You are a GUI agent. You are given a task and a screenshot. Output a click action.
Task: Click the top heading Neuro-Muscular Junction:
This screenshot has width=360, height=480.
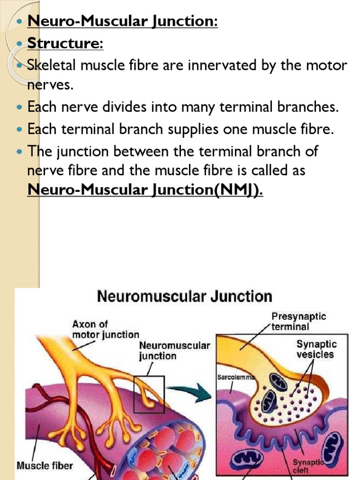click(x=123, y=22)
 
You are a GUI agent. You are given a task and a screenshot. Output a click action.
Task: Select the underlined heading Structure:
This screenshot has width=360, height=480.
click(x=65, y=43)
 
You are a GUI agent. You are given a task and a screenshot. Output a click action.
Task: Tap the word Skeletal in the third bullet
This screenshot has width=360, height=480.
click(x=52, y=65)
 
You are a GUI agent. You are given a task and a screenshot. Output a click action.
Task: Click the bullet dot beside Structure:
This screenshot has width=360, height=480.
click(x=19, y=44)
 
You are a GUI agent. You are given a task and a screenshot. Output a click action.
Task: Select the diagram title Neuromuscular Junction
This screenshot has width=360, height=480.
click(x=184, y=297)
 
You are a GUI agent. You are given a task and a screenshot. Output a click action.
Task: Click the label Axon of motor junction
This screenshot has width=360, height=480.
click(x=105, y=329)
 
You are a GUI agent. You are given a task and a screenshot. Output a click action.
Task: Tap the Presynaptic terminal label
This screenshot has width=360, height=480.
click(x=299, y=321)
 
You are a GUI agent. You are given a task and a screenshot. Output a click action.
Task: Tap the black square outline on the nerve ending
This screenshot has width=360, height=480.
click(x=149, y=394)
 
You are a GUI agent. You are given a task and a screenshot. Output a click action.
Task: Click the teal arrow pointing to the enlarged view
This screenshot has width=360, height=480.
click(x=189, y=392)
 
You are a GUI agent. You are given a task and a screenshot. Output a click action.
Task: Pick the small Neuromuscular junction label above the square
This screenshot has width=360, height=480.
click(x=174, y=351)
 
